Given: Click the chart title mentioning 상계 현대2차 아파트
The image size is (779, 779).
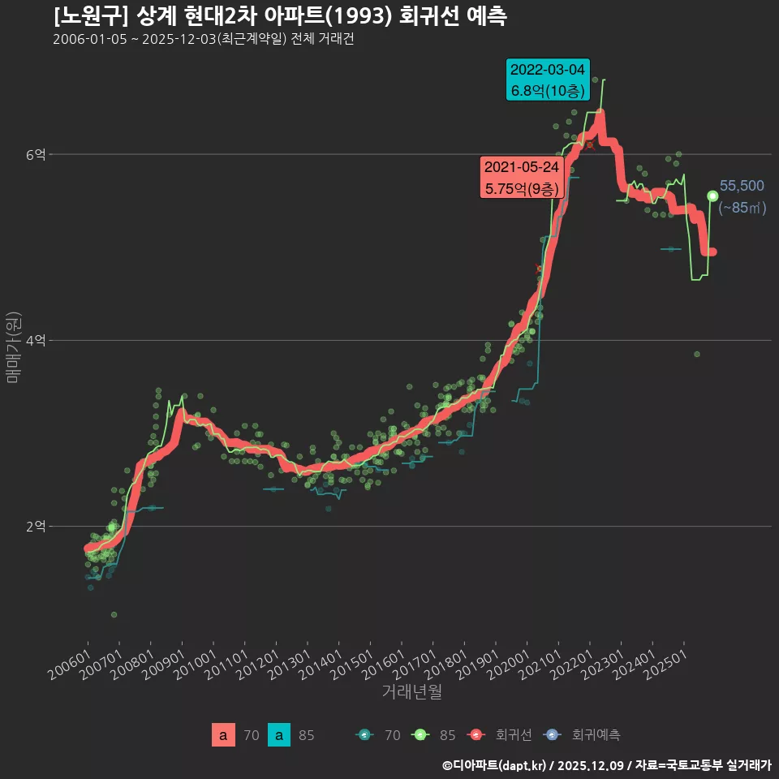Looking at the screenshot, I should tap(280, 16).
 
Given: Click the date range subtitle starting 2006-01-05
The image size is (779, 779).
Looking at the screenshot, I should tap(203, 39).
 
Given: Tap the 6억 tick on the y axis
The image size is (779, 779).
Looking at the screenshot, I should tap(36, 154).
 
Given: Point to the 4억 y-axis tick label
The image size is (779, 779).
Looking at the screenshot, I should tap(36, 340).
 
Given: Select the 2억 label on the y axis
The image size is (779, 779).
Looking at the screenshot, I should tap(36, 526).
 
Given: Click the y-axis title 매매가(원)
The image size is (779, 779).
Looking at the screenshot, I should tap(13, 346).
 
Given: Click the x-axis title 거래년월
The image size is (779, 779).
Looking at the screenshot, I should tap(411, 692).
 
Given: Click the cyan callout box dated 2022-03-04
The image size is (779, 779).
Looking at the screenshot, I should tap(547, 80).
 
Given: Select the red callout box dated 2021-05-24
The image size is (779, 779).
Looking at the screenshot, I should tap(521, 178).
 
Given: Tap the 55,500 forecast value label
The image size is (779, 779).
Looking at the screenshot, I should tap(741, 186).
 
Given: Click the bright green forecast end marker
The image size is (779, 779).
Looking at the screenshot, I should tap(712, 196).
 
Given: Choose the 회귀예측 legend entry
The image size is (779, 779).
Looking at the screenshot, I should tap(584, 735).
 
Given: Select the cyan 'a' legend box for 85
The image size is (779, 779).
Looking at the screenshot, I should tap(278, 735).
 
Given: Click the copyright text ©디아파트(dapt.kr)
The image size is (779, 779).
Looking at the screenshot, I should tap(495, 765).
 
